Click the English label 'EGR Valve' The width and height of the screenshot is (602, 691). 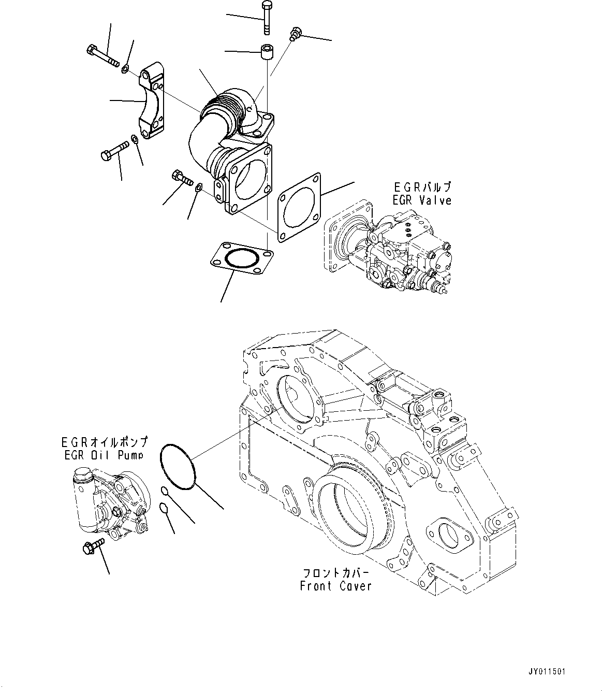421,200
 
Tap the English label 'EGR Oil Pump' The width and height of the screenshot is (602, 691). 102,455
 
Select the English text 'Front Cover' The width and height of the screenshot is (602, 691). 336,586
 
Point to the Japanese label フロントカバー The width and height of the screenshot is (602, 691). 336,573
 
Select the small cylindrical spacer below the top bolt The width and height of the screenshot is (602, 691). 267,53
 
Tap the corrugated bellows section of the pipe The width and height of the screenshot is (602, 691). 222,108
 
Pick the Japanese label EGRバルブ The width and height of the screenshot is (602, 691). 421,187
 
